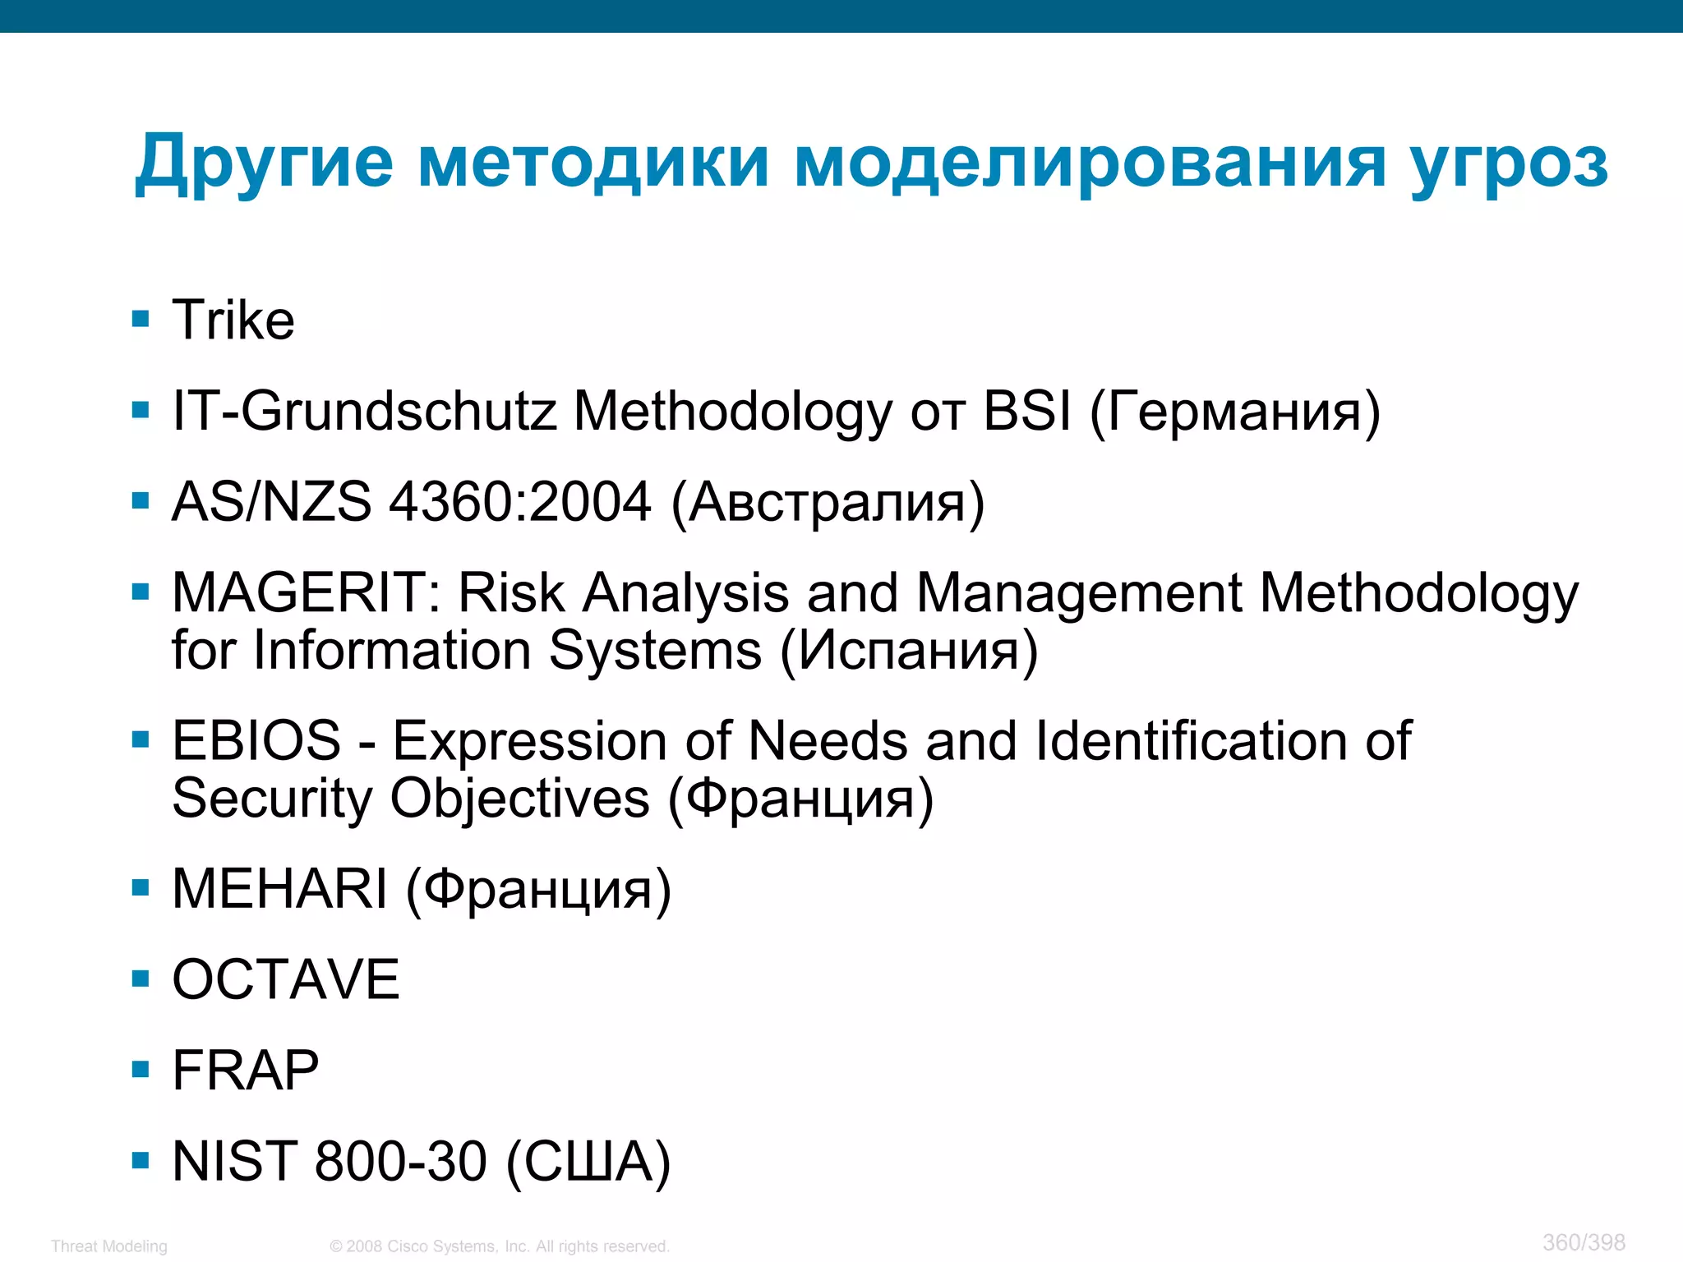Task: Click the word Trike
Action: point(233,320)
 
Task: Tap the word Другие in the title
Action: point(264,162)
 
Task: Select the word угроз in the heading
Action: point(1509,162)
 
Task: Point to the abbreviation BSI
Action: point(1027,410)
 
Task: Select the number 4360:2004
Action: point(520,501)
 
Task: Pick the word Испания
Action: point(909,651)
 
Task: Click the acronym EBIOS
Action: point(256,740)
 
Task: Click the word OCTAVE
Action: point(286,979)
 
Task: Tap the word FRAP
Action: point(245,1071)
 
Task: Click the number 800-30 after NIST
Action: point(401,1161)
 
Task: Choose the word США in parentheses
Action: point(588,1162)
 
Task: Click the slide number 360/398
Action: point(1584,1242)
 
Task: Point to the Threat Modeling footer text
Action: point(108,1246)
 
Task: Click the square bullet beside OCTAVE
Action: point(141,979)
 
